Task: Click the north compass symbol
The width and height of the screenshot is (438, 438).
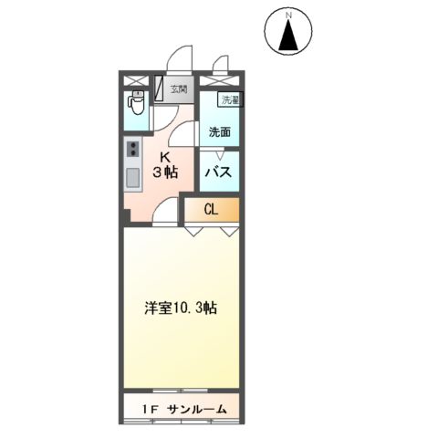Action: pos(289,34)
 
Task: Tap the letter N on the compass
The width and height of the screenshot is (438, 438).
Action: pos(289,16)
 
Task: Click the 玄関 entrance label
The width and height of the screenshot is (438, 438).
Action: pos(179,89)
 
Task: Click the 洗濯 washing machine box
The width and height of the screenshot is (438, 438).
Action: pos(228,99)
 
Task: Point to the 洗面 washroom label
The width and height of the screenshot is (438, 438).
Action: pos(219,131)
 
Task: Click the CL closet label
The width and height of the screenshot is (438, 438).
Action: pos(211,210)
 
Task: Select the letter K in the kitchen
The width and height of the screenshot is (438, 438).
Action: pos(166,155)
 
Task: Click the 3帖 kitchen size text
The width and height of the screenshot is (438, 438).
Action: pos(166,172)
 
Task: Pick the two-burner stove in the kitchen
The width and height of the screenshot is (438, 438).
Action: pos(131,149)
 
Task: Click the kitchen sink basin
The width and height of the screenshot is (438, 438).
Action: pos(131,176)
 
